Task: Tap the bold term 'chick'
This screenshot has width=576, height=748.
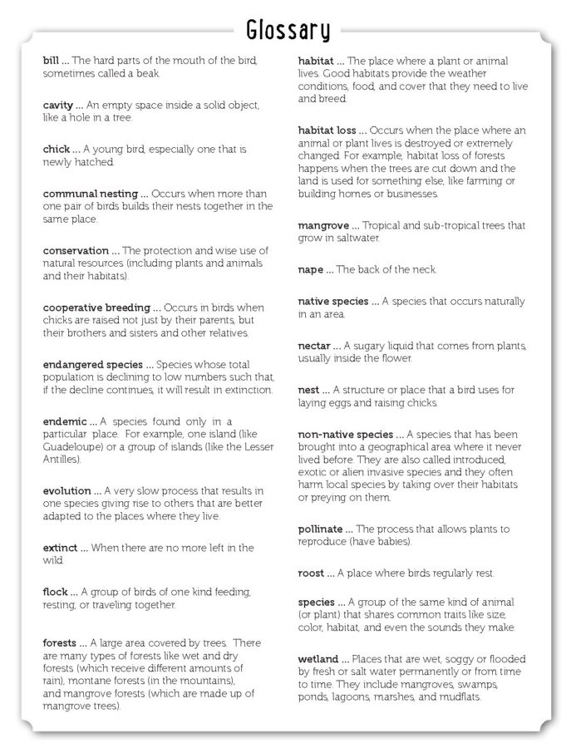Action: (57, 150)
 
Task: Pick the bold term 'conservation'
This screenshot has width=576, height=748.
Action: (76, 251)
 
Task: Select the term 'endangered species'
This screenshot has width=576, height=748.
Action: (93, 364)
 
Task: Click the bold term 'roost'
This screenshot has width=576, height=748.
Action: (313, 573)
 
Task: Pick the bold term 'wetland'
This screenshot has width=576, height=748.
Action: (318, 659)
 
